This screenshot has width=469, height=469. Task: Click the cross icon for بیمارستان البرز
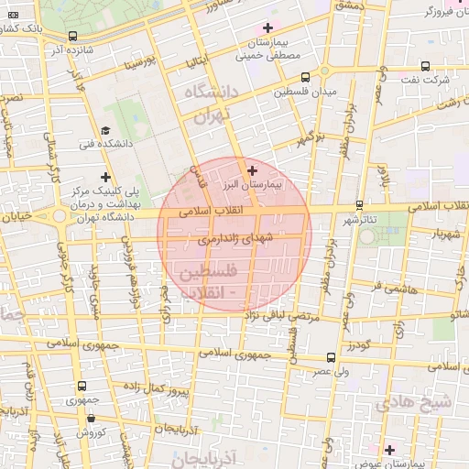coord(253,170)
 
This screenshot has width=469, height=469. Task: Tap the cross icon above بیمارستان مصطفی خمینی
coord(267,28)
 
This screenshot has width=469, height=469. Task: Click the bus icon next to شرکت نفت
coord(425,66)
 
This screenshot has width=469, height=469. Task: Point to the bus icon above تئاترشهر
coord(359,205)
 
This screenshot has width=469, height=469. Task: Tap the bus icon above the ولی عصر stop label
coord(331,358)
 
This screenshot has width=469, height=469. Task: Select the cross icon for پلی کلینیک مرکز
coord(106,177)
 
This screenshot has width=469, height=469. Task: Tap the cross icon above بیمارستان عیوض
coord(389,449)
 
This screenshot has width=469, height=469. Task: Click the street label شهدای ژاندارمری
coord(235,239)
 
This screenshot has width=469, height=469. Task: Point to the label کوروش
coord(90,431)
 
